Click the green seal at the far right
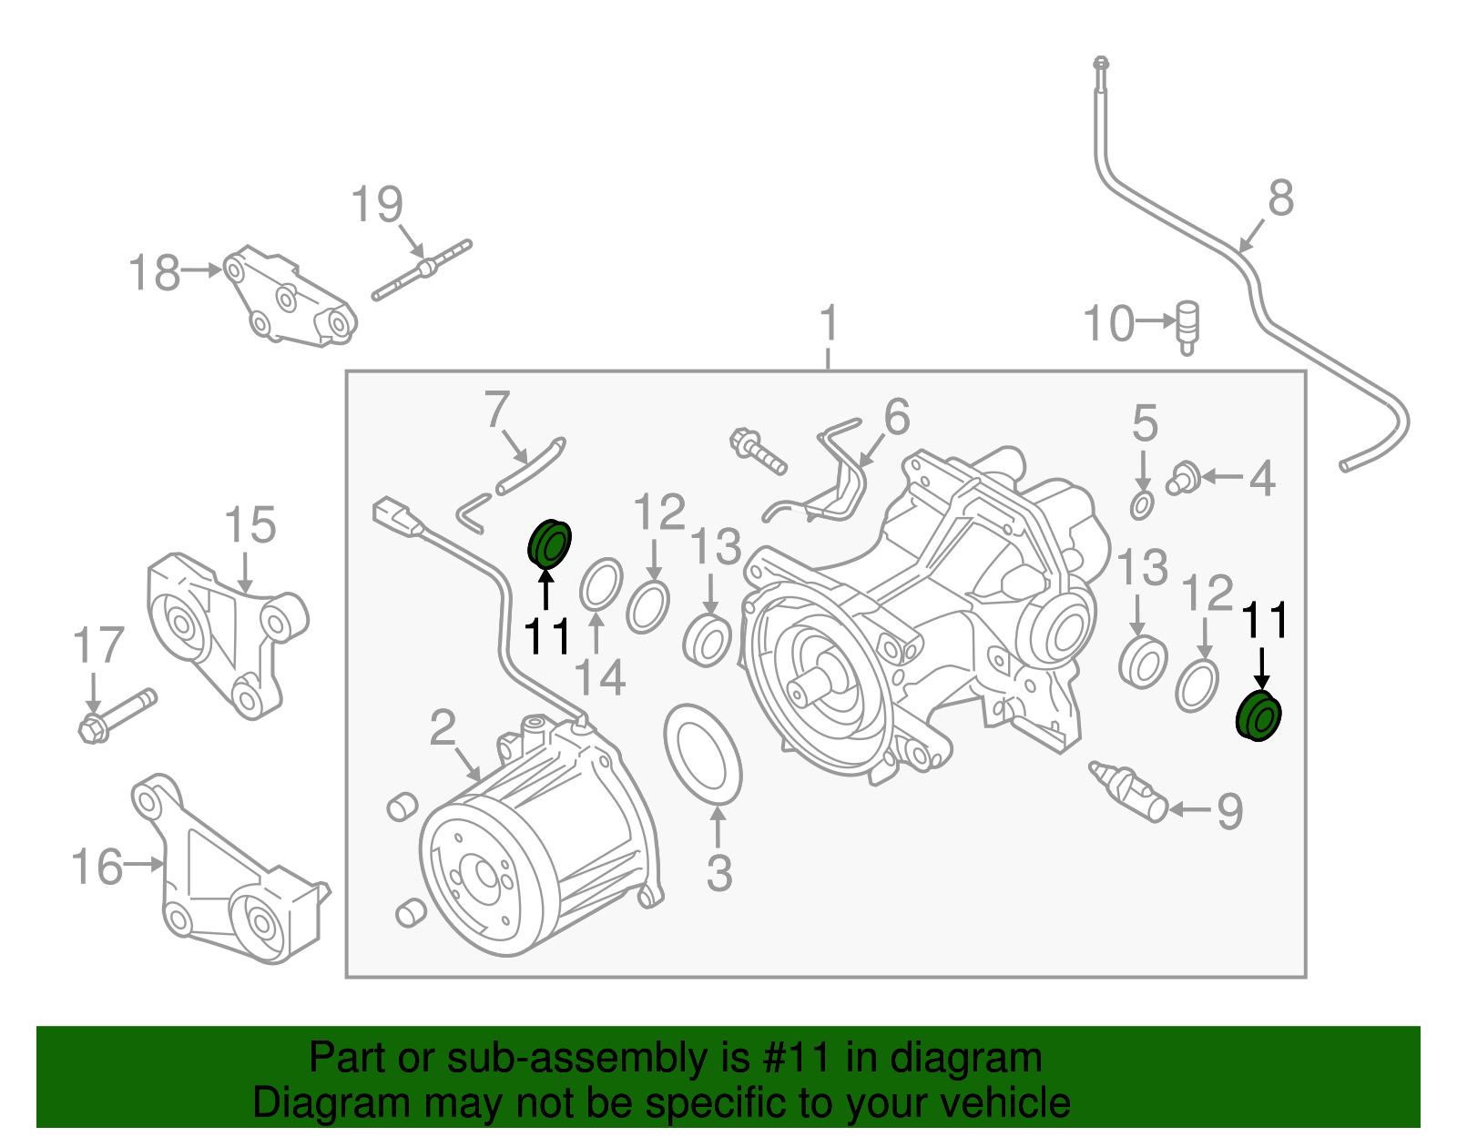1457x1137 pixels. [x=1258, y=716]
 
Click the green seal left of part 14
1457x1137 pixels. [x=549, y=543]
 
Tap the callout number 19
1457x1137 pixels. [x=376, y=205]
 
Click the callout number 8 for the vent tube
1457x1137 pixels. [x=1280, y=198]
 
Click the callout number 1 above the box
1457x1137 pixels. [x=828, y=323]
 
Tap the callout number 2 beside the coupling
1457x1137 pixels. [x=443, y=728]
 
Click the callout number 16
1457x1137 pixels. [x=97, y=867]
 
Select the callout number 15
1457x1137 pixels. [x=250, y=526]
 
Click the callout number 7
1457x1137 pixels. [x=496, y=410]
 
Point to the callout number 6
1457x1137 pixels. [x=896, y=417]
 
